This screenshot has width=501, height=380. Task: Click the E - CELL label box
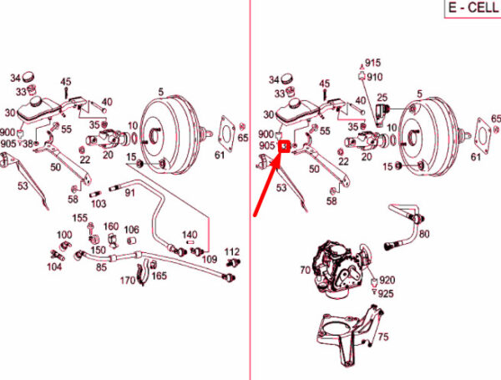(473, 8)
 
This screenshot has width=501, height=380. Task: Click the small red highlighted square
(285, 147)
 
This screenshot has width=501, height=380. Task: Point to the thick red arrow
(267, 187)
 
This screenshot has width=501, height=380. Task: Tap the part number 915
(373, 63)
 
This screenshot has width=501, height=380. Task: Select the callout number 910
(374, 77)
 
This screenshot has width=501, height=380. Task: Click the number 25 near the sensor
(382, 98)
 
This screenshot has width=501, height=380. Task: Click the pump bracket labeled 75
(350, 336)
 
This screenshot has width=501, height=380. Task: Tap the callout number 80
(424, 234)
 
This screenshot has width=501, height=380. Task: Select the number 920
(387, 281)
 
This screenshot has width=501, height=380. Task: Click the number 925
(386, 294)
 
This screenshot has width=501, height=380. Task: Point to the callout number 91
(129, 193)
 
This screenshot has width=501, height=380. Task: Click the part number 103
(99, 204)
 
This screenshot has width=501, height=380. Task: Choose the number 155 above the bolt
(80, 218)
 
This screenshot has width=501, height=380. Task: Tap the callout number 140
(190, 235)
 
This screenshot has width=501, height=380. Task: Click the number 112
(232, 252)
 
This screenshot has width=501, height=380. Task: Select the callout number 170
(128, 281)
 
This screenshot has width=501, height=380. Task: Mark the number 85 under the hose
(101, 267)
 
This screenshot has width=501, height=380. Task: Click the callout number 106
(132, 230)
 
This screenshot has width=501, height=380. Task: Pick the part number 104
(54, 266)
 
